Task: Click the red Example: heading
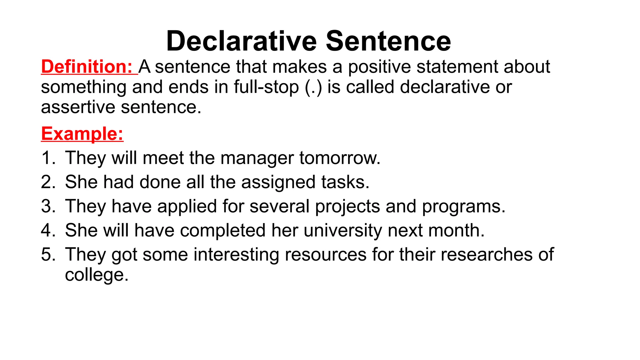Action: point(82,134)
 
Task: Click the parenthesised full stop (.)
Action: point(313,87)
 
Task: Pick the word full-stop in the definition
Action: point(266,87)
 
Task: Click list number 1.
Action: point(48,158)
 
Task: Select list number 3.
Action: point(48,206)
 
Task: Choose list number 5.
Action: point(48,254)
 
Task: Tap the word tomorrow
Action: point(340,158)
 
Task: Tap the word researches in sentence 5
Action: point(486,254)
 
